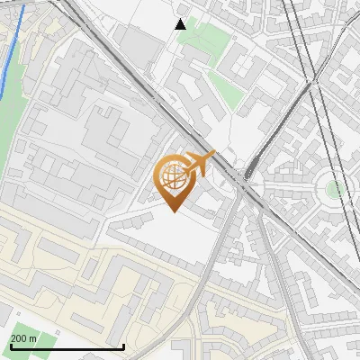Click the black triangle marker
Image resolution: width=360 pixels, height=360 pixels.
[181, 24]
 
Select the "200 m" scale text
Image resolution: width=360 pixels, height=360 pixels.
[23, 338]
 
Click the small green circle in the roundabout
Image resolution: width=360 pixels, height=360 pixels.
[334, 189]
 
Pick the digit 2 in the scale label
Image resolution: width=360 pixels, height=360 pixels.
[13, 338]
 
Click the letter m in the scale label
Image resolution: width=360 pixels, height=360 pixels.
[33, 338]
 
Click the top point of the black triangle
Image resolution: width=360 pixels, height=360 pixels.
[181, 19]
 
